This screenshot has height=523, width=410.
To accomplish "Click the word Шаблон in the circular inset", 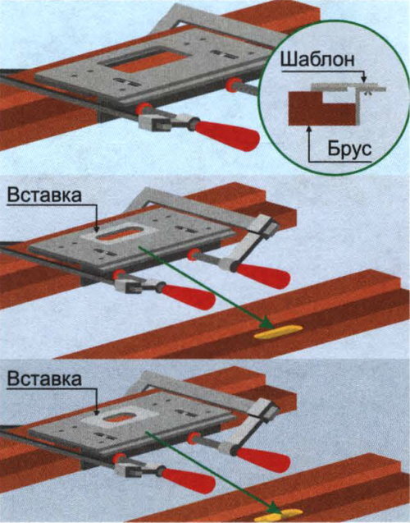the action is (317, 60).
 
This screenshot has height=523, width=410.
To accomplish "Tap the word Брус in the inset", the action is (349, 149).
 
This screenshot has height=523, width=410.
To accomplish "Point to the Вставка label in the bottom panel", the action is (44, 379).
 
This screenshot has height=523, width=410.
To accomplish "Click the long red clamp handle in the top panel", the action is (227, 133).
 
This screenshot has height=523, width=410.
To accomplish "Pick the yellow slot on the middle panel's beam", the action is (279, 333).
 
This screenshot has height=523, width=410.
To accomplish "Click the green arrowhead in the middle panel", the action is (266, 323).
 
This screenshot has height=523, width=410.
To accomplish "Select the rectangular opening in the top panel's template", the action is (148, 60).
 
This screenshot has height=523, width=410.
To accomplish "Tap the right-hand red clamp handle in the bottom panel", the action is (263, 460).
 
